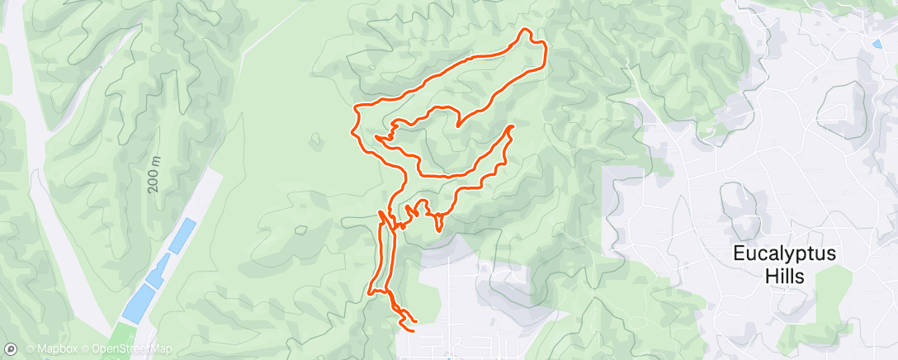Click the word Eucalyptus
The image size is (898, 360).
coord(784,254)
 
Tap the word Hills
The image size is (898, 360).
coord(784,277)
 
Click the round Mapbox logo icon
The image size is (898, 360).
coord(10,349)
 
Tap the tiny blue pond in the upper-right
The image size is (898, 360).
coord(875,44)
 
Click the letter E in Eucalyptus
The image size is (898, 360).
coord(739,254)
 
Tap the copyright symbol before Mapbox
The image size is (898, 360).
coord(30,350)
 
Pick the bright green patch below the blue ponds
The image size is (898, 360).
coord(122,337)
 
